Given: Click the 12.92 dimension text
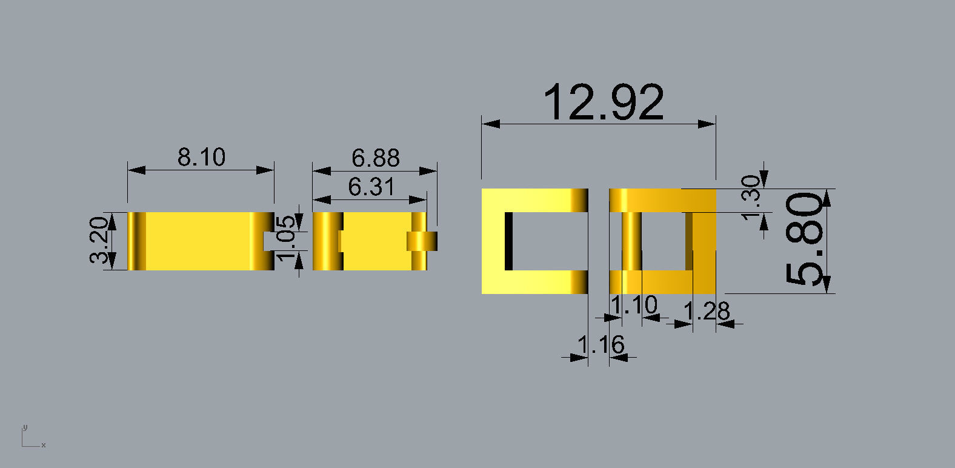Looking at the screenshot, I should (604, 102).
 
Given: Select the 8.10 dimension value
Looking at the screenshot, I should (201, 157).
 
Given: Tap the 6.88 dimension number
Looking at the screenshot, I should (375, 158).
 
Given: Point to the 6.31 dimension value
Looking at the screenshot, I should (371, 187).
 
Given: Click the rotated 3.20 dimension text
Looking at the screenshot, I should (101, 240).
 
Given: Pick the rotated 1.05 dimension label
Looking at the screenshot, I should (287, 236).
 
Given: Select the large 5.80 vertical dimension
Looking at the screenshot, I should (805, 239).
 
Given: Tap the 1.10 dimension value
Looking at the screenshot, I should (634, 305).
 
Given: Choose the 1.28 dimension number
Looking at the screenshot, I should (706, 312).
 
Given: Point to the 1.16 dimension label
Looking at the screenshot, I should (600, 345).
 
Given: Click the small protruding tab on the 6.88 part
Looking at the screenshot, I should (422, 241).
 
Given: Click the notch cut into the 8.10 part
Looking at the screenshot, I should (270, 241).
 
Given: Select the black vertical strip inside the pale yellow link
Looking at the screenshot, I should (508, 241).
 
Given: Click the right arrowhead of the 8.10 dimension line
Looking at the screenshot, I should (266, 170).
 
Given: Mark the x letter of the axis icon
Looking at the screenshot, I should (44, 445).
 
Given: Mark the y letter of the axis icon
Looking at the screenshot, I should (25, 427).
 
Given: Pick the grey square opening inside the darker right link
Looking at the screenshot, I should (663, 241).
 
